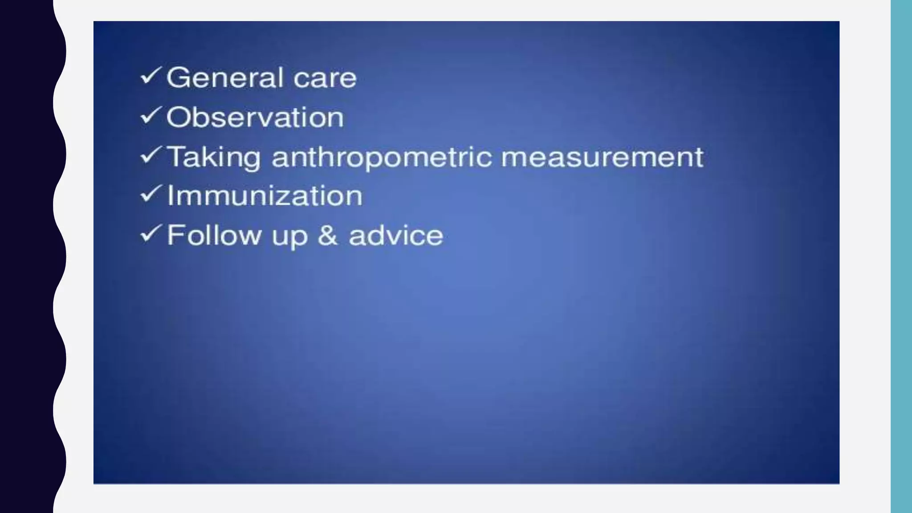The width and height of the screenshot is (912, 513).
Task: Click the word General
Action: (223, 78)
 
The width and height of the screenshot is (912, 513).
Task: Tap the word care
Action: (325, 79)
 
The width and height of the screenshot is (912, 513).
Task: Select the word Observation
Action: (255, 118)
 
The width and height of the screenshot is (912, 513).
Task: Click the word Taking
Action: (213, 158)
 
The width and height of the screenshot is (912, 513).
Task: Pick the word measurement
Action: (602, 157)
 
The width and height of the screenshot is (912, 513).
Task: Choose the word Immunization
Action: (265, 196)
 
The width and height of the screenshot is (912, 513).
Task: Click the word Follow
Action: (214, 235)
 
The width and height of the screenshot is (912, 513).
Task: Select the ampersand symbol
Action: (328, 235)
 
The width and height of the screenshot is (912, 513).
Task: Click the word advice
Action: (396, 235)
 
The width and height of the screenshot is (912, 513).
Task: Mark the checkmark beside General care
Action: (150, 76)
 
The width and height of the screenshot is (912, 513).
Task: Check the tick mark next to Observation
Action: (150, 116)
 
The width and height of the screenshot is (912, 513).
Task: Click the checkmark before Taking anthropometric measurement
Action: (150, 155)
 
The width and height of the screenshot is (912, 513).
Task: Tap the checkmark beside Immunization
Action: (150, 194)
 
